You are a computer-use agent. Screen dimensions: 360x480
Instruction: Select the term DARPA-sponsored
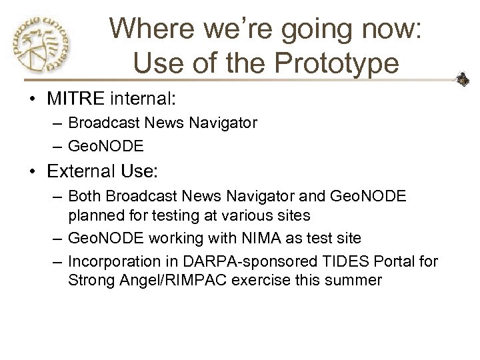click(x=247, y=261)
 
